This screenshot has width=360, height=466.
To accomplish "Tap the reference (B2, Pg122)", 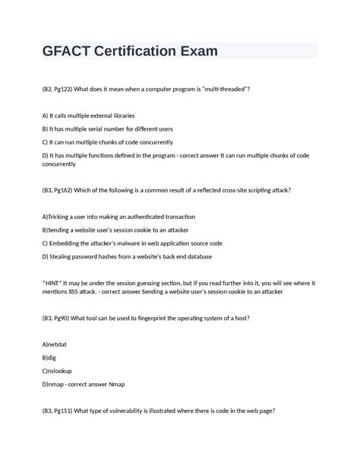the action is click(64, 89).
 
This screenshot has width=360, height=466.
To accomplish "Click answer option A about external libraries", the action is click(89, 116).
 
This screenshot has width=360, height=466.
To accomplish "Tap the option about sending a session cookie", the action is click(115, 230).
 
